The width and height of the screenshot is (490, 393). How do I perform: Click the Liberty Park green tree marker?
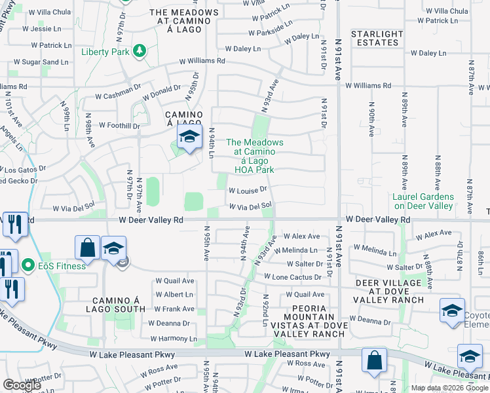tap(138, 51)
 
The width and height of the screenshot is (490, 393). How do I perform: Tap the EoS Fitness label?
tap(62, 266)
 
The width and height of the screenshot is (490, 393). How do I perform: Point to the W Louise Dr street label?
tap(248, 190)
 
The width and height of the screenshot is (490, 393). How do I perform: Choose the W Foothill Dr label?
tap(119, 125)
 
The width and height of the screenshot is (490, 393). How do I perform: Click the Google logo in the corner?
tap(22, 385)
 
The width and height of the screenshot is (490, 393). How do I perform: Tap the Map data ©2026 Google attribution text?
tap(449, 388)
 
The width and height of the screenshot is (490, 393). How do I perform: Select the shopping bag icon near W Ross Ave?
tap(373, 361)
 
